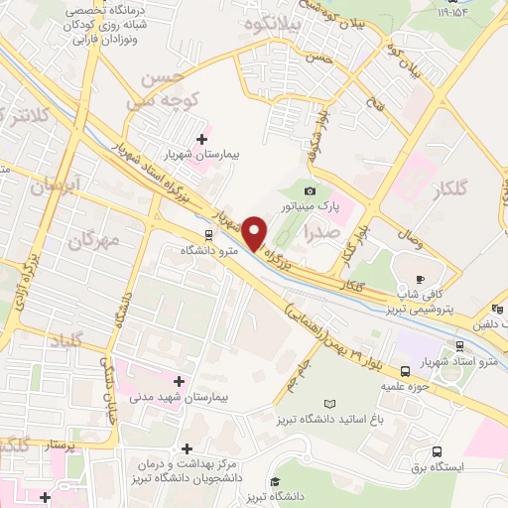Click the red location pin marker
coord(256,232)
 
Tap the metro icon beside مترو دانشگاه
coord(208,236)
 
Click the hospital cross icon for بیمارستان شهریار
coord(203,139)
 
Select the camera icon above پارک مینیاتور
coord(311,190)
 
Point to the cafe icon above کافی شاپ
coord(420,279)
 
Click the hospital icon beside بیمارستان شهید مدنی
coord(179,380)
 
